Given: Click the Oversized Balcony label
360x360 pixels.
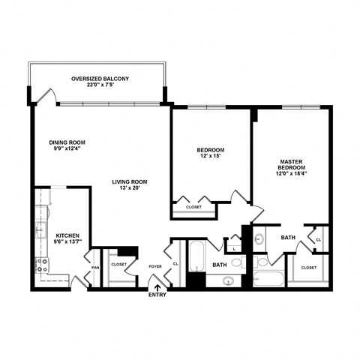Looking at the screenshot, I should pos(100,79).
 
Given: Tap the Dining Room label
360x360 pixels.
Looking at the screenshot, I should pos(68,142).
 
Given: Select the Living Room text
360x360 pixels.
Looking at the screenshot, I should pos(130,181).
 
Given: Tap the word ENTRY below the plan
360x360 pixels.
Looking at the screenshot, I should pos(157,295).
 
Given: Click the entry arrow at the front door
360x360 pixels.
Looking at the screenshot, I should pos(157,284).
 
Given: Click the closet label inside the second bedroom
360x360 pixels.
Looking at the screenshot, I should pos(193,206).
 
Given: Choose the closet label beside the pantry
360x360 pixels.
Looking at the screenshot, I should pos(118,264).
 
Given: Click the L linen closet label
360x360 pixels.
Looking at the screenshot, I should pos(235,248).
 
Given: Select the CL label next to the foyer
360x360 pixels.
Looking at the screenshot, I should pos(175,264).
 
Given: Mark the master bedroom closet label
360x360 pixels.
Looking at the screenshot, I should pos(308,267).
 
